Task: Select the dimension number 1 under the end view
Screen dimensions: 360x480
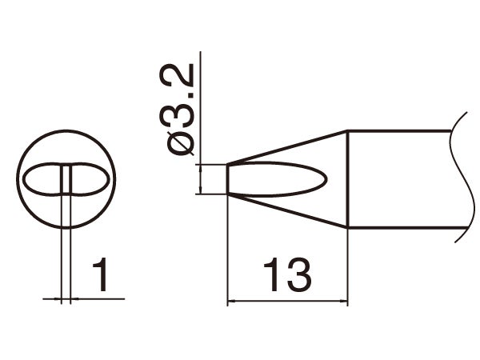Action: (x=100, y=277)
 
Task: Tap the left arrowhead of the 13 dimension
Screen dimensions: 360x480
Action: (x=233, y=302)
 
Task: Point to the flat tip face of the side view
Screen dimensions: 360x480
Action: (x=228, y=179)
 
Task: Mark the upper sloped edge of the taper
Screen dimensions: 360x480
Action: (x=288, y=147)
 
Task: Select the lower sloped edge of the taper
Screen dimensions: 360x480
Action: (x=288, y=212)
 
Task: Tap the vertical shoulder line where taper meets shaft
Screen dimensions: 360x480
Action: (x=347, y=180)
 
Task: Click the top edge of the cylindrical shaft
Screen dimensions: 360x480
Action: (x=400, y=130)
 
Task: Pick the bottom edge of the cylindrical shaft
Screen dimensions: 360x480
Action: (x=400, y=229)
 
